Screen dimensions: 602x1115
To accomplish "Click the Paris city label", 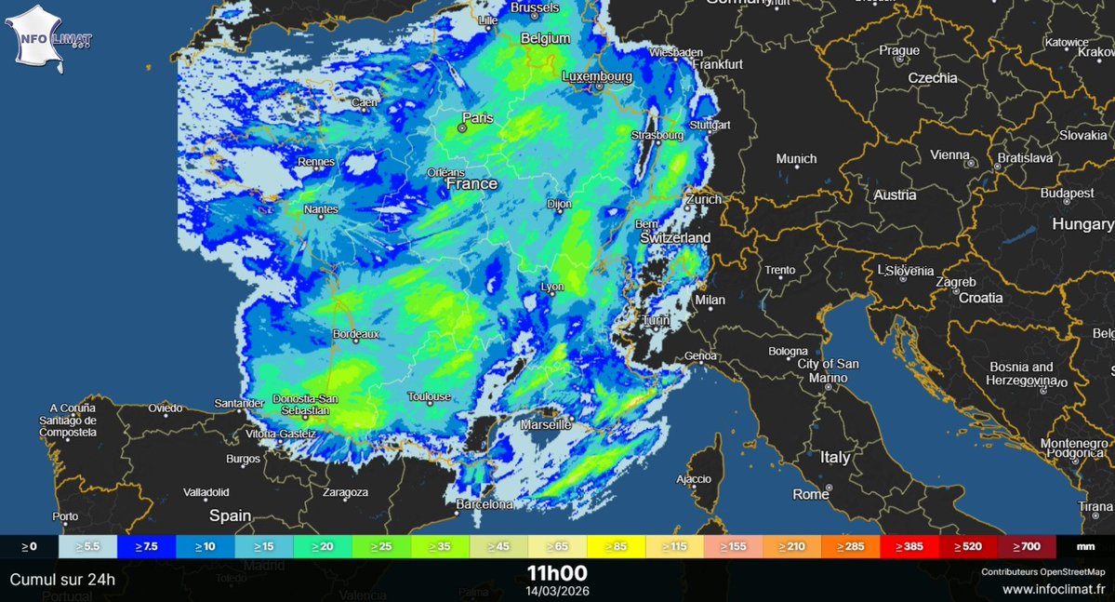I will click(x=478, y=118).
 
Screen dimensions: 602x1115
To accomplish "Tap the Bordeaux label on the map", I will click(x=356, y=333).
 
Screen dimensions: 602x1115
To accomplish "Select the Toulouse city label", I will click(x=429, y=396).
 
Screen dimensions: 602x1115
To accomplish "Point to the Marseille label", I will click(x=546, y=424).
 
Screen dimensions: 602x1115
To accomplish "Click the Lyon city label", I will click(x=552, y=287).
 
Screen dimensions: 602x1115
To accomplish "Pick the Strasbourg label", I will click(x=657, y=135).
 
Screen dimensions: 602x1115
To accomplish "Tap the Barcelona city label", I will click(x=484, y=504).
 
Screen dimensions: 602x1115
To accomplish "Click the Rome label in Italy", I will click(x=811, y=494).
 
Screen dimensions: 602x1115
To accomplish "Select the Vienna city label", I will click(x=949, y=154).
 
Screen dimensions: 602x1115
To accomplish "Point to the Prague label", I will click(x=899, y=50).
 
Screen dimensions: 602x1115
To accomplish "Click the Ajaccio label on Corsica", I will click(x=693, y=479).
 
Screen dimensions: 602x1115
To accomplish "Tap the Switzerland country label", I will click(x=675, y=238).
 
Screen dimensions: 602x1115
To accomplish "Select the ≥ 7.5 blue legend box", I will click(x=145, y=547).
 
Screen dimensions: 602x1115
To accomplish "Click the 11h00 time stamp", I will click(x=557, y=572).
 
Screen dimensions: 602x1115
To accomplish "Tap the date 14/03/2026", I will click(x=557, y=591).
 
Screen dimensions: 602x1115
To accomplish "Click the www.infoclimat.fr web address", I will click(x=1053, y=588).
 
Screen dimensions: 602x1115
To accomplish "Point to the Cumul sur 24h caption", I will click(x=62, y=579).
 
